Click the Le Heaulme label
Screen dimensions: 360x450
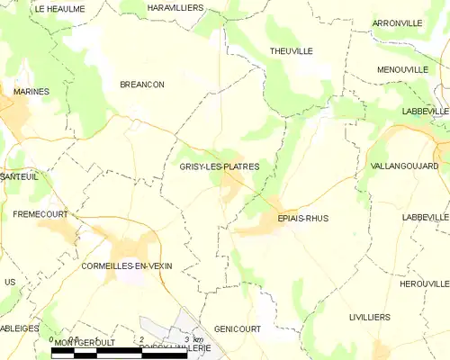(59, 8)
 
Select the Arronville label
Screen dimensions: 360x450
(397, 23)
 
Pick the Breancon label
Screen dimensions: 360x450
(142, 84)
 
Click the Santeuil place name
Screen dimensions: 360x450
(19, 177)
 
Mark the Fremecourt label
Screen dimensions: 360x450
(35, 214)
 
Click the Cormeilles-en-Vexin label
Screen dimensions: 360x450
(126, 265)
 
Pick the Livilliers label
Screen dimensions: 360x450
(369, 318)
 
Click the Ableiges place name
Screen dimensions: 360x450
(18, 328)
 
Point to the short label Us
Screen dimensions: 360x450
(10, 283)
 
